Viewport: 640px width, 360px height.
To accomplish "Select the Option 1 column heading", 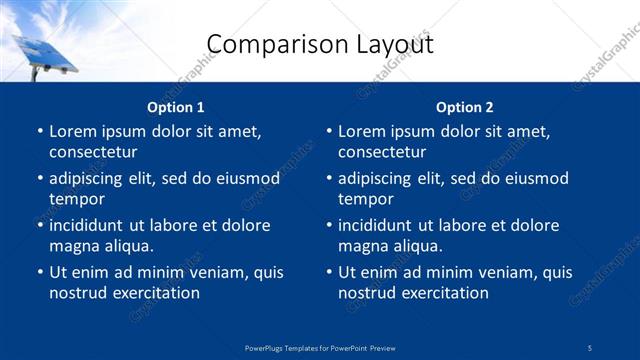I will (x=175, y=107).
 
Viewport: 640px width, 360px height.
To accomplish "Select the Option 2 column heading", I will (x=464, y=107).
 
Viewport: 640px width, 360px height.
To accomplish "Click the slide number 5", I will (x=590, y=347).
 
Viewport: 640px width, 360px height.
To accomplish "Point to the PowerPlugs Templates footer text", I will (x=319, y=347).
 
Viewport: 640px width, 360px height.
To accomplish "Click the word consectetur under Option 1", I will (x=93, y=153).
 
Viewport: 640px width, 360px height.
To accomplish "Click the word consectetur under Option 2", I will (x=382, y=153).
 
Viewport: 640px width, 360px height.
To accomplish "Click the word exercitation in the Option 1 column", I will (x=155, y=293).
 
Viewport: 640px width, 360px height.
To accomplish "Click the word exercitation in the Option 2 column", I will (x=444, y=293).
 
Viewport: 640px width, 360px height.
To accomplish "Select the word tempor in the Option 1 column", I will (x=71, y=199).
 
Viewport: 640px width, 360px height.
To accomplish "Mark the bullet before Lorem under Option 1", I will (x=39, y=132).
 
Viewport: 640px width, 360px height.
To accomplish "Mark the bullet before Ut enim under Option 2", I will (x=328, y=272).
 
